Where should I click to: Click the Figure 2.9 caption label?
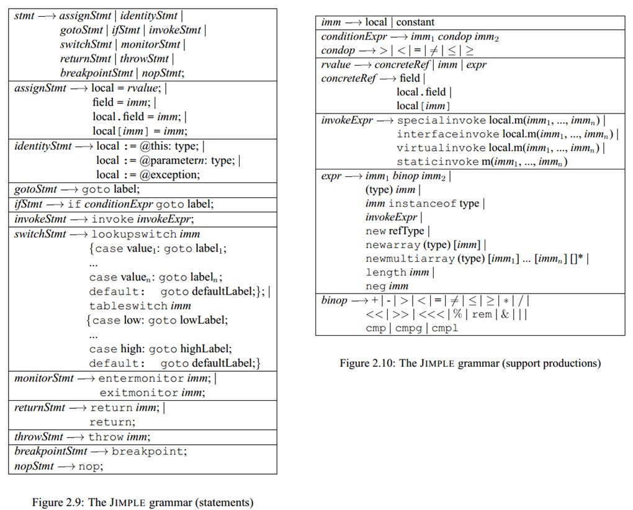pos(142,503)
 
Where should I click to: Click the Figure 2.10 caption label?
pos(470,363)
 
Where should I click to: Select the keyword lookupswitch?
pos(133,234)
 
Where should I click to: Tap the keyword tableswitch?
pos(128,306)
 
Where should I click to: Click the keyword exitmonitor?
pos(139,392)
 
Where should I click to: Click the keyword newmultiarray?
pos(410,259)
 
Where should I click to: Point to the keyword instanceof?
pos(422,204)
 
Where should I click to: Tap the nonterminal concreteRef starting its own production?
pos(348,78)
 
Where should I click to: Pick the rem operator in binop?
pos(482,314)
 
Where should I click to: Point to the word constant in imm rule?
pos(415,22)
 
